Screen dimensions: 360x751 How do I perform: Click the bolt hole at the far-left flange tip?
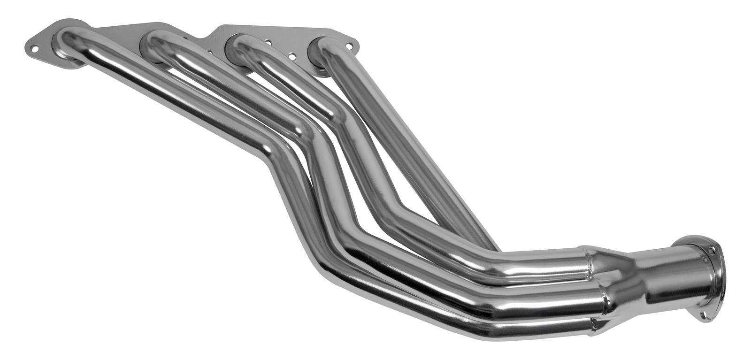pos(34,48)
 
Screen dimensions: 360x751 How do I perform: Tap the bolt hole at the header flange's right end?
pos(349,46)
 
